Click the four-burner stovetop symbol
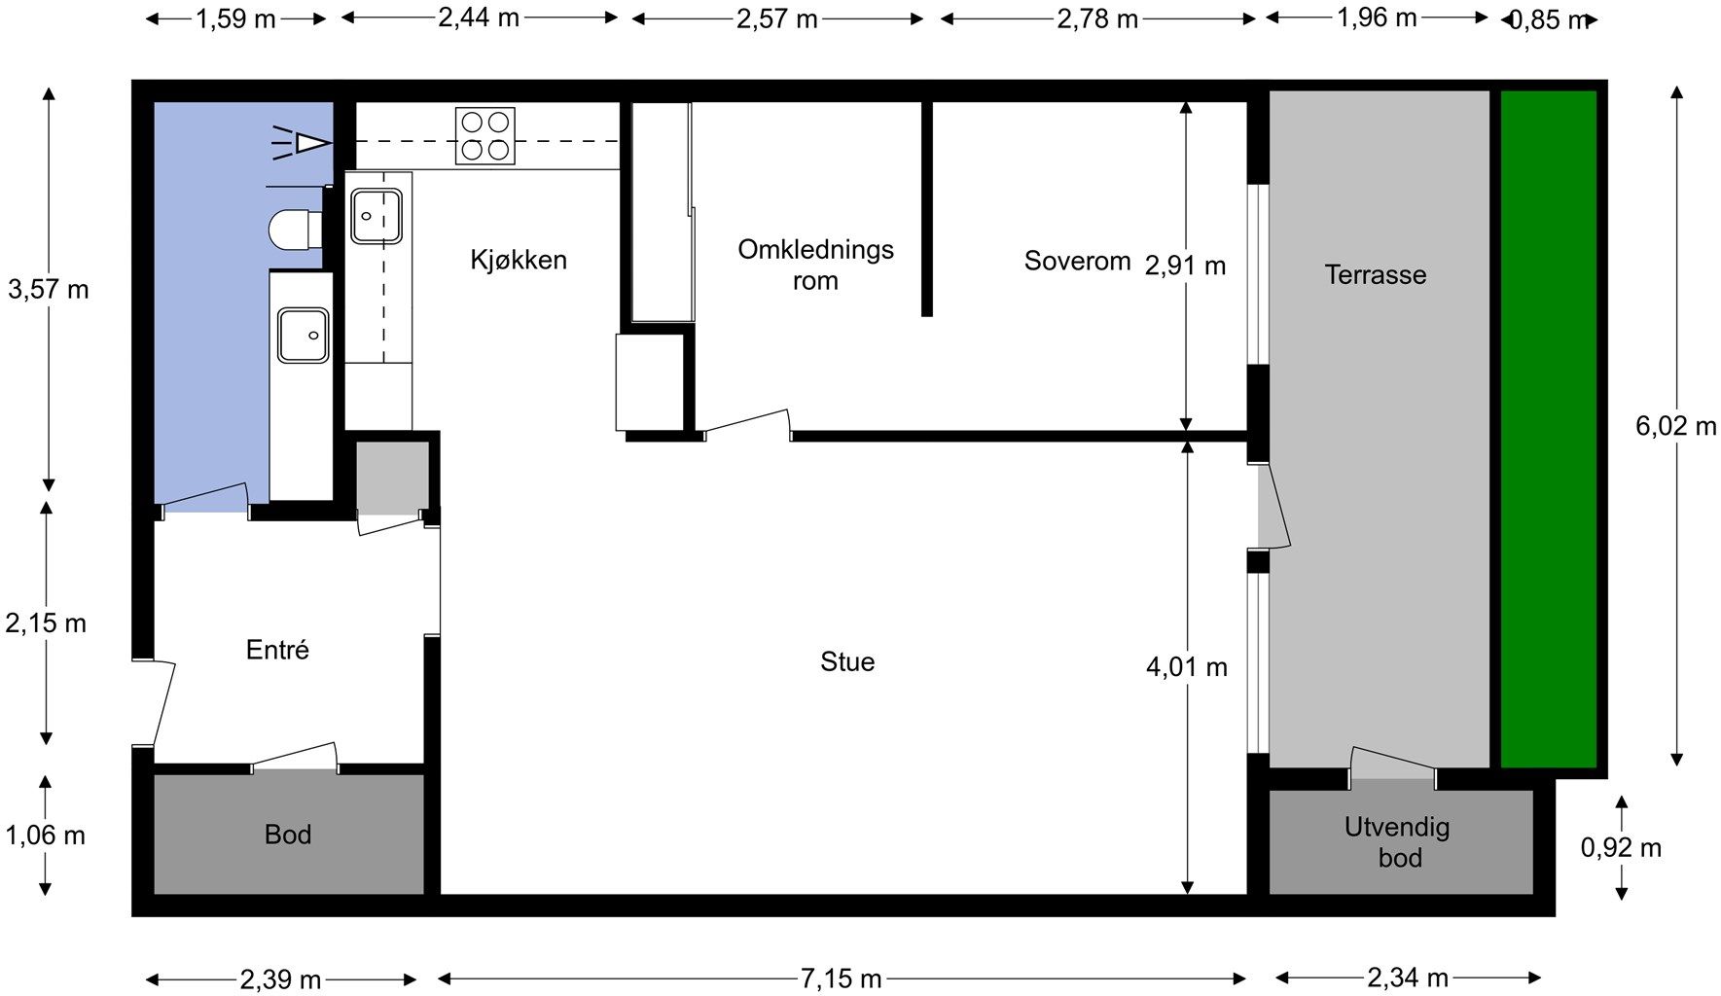tap(484, 136)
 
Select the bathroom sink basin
tap(303, 335)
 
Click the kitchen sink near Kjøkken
tap(376, 216)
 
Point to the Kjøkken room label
tap(518, 260)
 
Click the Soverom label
tap(1077, 261)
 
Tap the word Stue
tap(847, 662)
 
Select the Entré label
tap(277, 650)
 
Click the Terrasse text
tap(1375, 275)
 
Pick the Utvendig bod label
tap(1398, 842)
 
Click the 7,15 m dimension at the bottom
tap(841, 978)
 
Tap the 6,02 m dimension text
tap(1675, 426)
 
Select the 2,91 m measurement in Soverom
tap(1185, 265)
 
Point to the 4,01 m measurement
tap(1186, 667)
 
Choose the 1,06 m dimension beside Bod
tap(46, 836)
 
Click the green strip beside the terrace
tap(1548, 428)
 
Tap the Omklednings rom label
tap(815, 265)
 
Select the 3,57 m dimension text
tap(49, 289)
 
